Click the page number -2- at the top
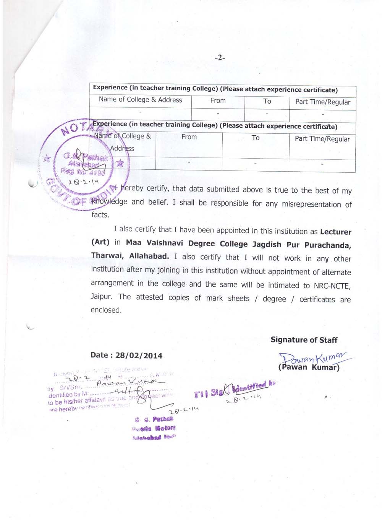click(220, 58)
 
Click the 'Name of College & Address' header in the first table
click(140, 100)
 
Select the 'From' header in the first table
click(218, 101)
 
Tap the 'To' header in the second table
click(256, 138)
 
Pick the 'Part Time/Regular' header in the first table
click(322, 102)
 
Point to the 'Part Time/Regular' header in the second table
click(322, 139)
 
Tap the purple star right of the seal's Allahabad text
click(120, 163)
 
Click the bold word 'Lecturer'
click(336, 232)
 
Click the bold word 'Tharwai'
click(107, 256)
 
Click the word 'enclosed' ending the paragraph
click(105, 310)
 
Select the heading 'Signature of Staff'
click(304, 340)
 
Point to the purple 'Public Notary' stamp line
click(154, 428)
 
